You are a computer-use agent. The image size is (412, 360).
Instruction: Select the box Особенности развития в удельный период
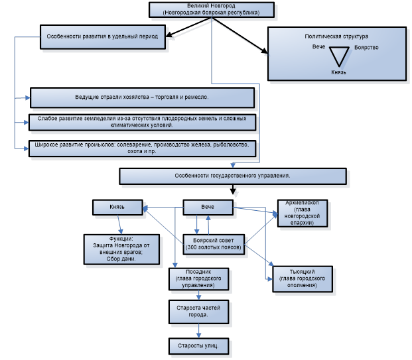click(x=102, y=37)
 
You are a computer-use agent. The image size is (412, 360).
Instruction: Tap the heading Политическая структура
click(x=336, y=36)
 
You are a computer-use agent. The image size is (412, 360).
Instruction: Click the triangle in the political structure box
click(x=340, y=56)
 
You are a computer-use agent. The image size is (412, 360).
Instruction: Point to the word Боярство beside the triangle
click(x=366, y=48)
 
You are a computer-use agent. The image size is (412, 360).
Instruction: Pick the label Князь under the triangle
click(x=338, y=72)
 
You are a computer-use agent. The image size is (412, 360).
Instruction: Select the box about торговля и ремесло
click(x=142, y=97)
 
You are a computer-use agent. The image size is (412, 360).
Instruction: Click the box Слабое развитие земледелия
click(x=142, y=122)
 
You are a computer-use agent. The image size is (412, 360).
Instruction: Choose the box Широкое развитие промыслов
click(x=142, y=147)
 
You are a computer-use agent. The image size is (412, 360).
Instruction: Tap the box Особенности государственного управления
click(x=232, y=176)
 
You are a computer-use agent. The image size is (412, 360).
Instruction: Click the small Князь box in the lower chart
click(x=117, y=208)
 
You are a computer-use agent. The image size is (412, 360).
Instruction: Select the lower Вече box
click(x=208, y=208)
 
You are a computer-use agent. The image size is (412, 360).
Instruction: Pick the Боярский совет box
click(x=214, y=243)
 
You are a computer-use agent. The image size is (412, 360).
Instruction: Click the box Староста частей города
click(x=198, y=310)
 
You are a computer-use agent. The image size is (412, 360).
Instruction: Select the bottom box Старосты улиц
click(x=198, y=345)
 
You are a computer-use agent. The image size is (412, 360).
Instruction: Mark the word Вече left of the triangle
click(x=319, y=48)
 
